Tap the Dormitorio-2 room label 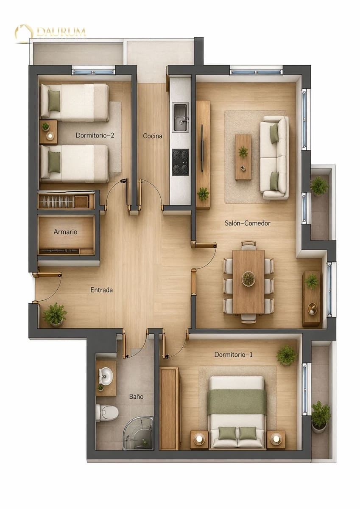click(x=95, y=136)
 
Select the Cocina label click(x=153, y=136)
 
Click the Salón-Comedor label click(x=247, y=223)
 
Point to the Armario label click(x=65, y=232)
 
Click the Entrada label click(x=102, y=290)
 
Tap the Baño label click(x=136, y=397)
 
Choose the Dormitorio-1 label click(x=233, y=355)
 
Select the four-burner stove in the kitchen click(x=181, y=162)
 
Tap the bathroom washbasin click(x=106, y=375)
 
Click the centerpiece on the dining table click(x=248, y=279)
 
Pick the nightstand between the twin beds click(x=48, y=132)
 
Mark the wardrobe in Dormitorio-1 click(x=169, y=408)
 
